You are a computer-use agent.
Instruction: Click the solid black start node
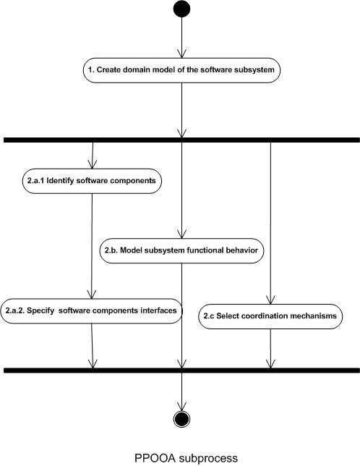click(x=181, y=9)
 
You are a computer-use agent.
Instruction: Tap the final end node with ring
click(x=181, y=419)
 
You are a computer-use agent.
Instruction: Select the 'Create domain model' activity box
click(x=181, y=70)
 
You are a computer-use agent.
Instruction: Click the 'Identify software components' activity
click(x=92, y=181)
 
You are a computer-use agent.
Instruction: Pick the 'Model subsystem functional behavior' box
click(x=181, y=250)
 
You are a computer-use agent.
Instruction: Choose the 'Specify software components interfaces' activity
click(x=91, y=311)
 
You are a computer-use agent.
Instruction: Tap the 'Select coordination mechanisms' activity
click(x=270, y=316)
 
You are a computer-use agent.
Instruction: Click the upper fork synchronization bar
click(x=181, y=140)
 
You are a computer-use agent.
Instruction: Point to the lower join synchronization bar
click(x=181, y=370)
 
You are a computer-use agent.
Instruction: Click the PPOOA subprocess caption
click(x=186, y=458)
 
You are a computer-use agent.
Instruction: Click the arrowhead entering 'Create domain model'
click(x=181, y=54)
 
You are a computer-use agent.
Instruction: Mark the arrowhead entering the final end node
click(x=181, y=407)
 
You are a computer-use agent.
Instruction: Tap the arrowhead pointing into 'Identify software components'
click(x=93, y=164)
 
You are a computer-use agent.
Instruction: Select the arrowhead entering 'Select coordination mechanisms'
click(x=270, y=300)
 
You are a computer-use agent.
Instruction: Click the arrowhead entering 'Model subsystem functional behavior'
click(x=181, y=234)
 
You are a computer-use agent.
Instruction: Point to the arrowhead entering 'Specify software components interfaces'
click(x=91, y=295)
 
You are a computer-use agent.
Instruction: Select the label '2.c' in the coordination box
click(x=209, y=316)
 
